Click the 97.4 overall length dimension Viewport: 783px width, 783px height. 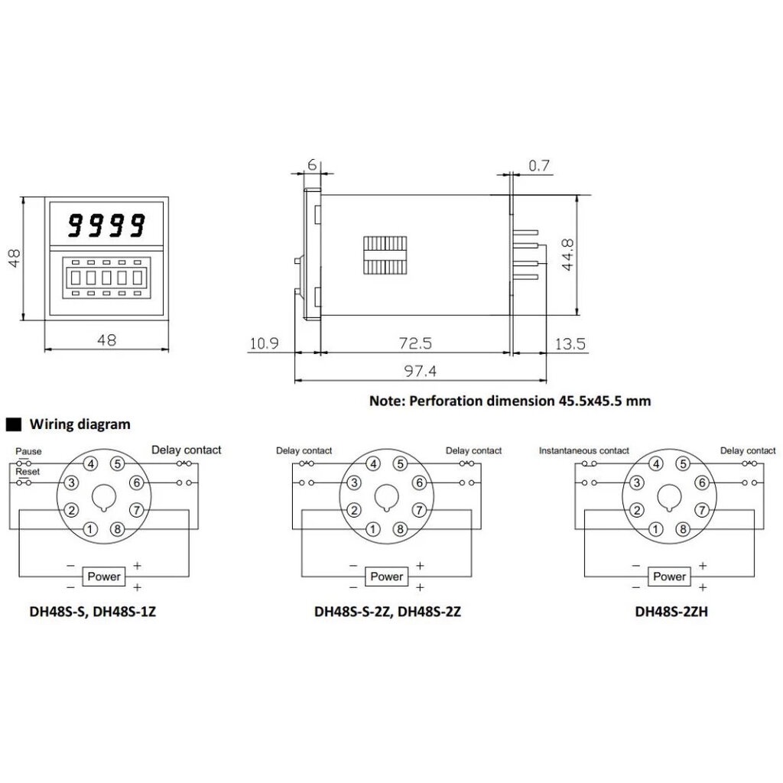pos(420,371)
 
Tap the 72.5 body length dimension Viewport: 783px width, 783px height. pos(415,343)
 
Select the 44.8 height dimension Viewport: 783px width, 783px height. pos(568,255)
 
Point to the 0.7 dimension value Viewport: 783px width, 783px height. pos(539,165)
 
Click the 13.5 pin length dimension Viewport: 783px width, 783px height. pos(570,343)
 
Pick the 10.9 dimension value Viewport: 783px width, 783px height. pos(264,343)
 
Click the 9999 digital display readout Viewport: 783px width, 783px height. pos(106,225)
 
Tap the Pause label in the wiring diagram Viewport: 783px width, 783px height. pos(28,451)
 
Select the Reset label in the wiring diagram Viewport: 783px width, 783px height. pos(28,471)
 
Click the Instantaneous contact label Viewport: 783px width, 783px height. pos(583,450)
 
